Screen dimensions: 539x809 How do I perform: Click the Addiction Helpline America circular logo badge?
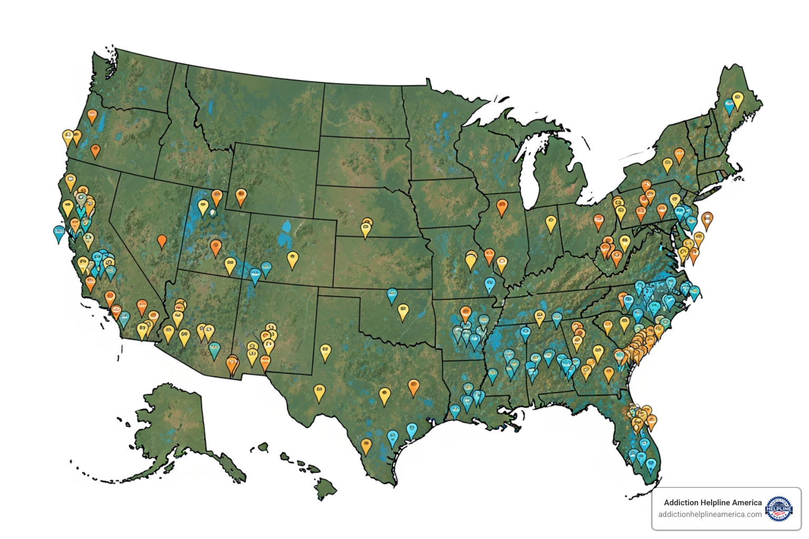click(x=778, y=508)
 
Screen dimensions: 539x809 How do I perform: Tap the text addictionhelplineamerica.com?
click(x=709, y=514)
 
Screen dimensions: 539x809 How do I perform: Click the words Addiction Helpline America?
click(x=713, y=503)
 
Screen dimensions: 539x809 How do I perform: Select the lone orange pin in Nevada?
click(x=162, y=241)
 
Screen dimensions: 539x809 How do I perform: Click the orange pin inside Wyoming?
click(x=241, y=196)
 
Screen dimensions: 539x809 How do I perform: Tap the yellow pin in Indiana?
click(x=551, y=223)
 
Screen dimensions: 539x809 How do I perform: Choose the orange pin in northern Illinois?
click(x=502, y=206)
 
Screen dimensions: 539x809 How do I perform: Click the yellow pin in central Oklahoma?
click(x=403, y=311)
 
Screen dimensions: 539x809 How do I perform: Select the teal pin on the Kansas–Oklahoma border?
click(x=392, y=295)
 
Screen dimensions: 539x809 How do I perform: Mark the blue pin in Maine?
click(x=729, y=106)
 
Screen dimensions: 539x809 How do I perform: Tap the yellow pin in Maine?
click(x=738, y=99)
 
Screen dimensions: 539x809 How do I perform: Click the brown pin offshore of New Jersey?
click(x=707, y=219)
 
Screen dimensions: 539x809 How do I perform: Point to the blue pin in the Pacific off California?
click(x=59, y=233)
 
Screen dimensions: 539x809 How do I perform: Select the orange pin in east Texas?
click(x=413, y=387)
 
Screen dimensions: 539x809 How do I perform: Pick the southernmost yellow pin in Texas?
click(x=366, y=446)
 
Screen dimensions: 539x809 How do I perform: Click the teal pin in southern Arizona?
click(x=214, y=350)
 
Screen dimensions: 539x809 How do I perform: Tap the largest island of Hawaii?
click(x=326, y=489)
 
